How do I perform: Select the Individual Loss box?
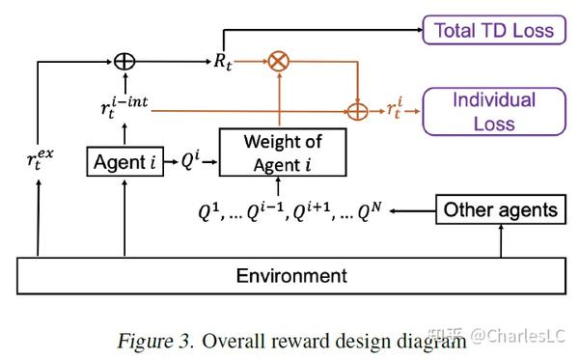494,111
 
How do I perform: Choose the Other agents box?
500,209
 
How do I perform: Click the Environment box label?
291,276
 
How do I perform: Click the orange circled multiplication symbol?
279,61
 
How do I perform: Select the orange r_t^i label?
396,109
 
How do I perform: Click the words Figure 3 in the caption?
152,340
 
